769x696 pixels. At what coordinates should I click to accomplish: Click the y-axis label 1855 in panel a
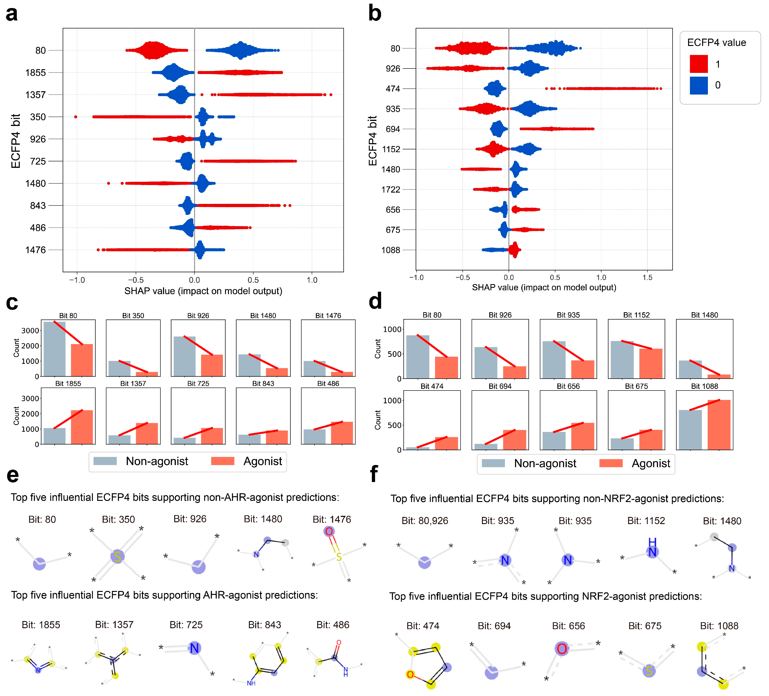pyautogui.click(x=35, y=72)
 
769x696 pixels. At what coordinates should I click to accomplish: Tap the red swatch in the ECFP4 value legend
pyautogui.click(x=698, y=64)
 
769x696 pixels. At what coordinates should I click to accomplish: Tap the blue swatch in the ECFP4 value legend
pyautogui.click(x=698, y=85)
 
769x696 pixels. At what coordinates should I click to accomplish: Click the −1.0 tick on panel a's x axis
pyautogui.click(x=77, y=280)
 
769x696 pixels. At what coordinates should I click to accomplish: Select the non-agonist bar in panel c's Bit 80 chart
pyautogui.click(x=54, y=349)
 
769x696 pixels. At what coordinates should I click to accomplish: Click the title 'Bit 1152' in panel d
pyautogui.click(x=636, y=315)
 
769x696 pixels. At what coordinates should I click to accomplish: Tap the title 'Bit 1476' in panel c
pyautogui.click(x=328, y=316)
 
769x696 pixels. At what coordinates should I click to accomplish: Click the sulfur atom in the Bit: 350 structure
pyautogui.click(x=117, y=557)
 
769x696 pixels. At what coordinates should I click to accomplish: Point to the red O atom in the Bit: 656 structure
pyautogui.click(x=561, y=649)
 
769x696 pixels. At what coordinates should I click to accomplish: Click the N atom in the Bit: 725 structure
pyautogui.click(x=194, y=648)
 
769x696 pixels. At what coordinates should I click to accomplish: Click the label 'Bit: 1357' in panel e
pyautogui.click(x=114, y=625)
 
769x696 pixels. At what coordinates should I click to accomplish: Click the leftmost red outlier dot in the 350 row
pyautogui.click(x=76, y=117)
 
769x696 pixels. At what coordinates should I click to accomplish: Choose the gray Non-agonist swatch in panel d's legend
pyautogui.click(x=493, y=463)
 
